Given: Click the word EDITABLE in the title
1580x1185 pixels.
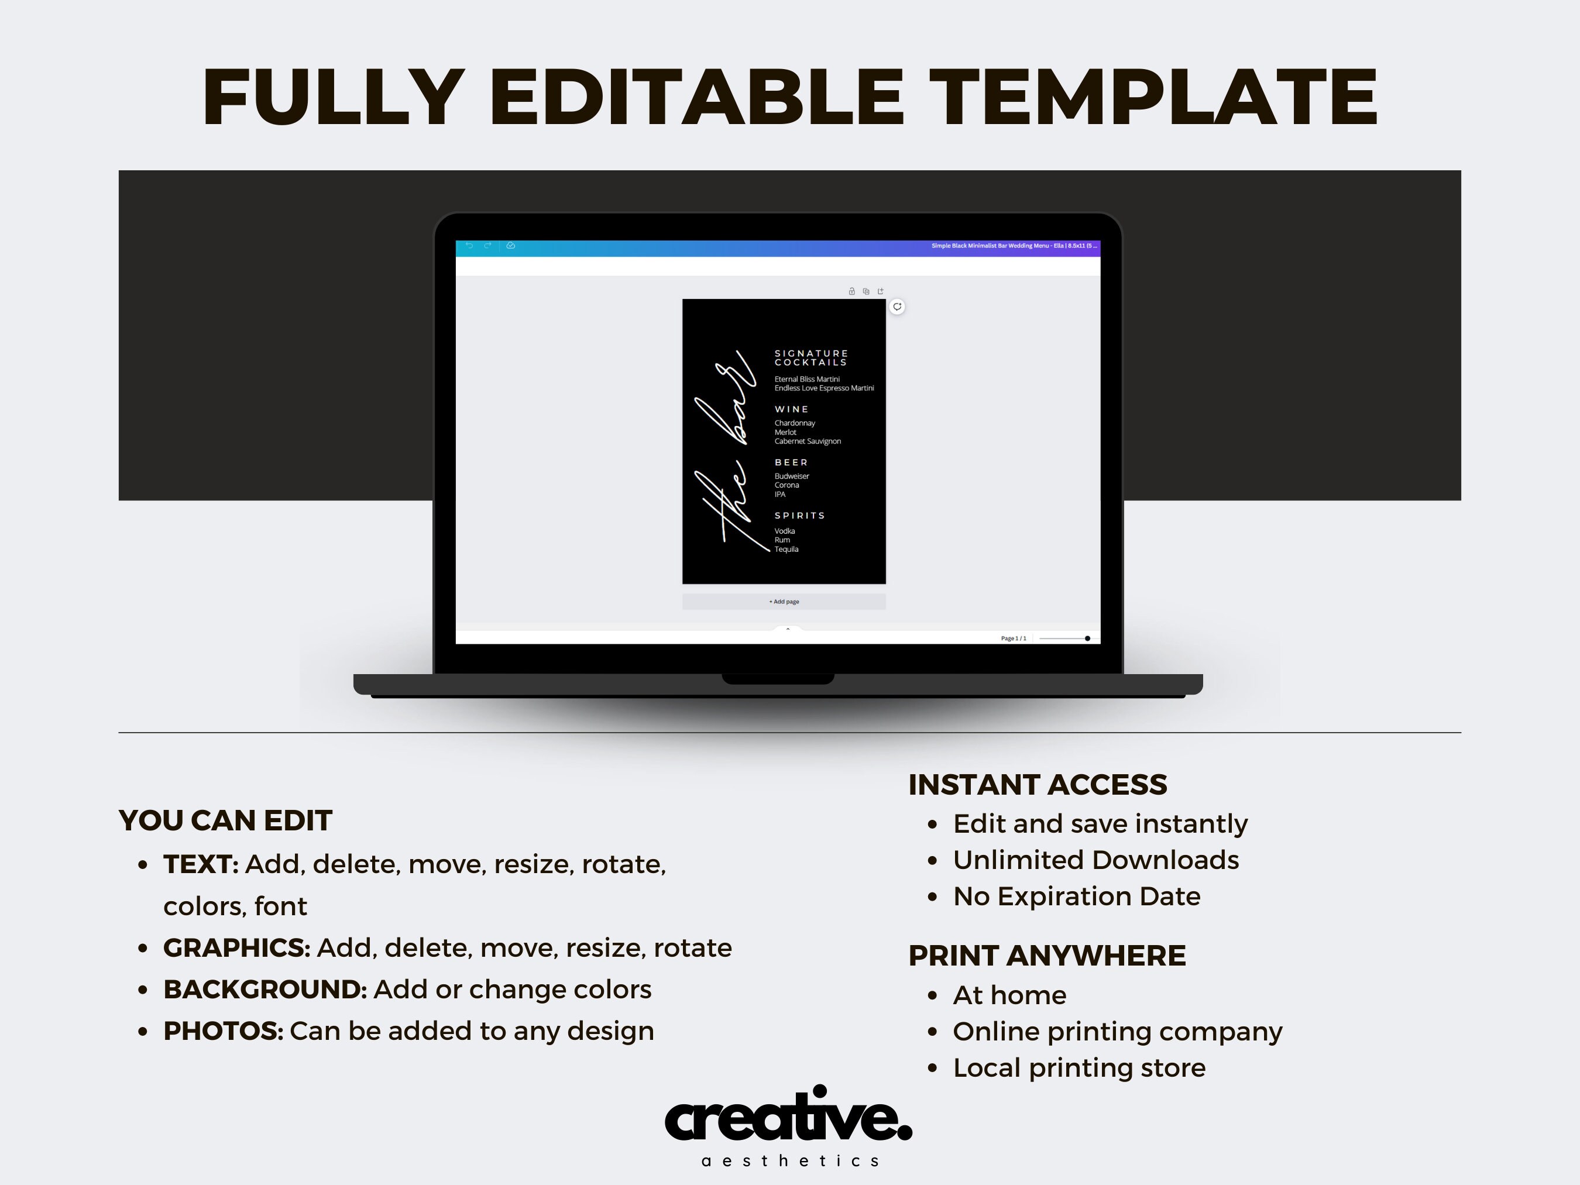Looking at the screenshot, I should coord(696,97).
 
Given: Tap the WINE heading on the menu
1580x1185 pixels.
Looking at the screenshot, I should coord(791,409).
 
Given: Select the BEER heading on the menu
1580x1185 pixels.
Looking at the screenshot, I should coord(791,463).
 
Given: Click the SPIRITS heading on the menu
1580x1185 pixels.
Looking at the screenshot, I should coord(799,516).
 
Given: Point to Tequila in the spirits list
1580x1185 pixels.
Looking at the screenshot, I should coord(786,549).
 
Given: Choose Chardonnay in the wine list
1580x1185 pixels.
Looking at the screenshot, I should coord(794,423).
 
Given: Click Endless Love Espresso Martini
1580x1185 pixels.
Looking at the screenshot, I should coord(823,388).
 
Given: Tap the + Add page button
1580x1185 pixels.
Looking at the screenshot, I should coord(784,602).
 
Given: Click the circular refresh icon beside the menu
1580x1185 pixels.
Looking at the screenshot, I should coord(897,307).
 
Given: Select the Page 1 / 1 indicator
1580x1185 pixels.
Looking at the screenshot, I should coord(1013,638).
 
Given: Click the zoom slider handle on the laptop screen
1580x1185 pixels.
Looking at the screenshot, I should coord(1087,638).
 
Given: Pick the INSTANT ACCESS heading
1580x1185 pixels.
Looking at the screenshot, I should coord(1037,784).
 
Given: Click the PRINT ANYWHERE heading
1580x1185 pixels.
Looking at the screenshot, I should coord(1046,955).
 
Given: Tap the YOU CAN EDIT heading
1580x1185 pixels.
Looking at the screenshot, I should coord(225,820).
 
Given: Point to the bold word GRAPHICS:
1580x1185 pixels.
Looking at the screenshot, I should coord(236,948).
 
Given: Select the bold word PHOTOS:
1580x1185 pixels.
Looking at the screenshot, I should coord(223,1031).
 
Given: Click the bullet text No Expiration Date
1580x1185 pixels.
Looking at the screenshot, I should coord(1076,896).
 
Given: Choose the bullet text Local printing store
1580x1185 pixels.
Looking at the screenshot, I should coord(1078,1067).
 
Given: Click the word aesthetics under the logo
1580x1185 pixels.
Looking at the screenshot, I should coord(789,1160).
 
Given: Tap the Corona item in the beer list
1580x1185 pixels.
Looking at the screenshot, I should coord(786,485).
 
